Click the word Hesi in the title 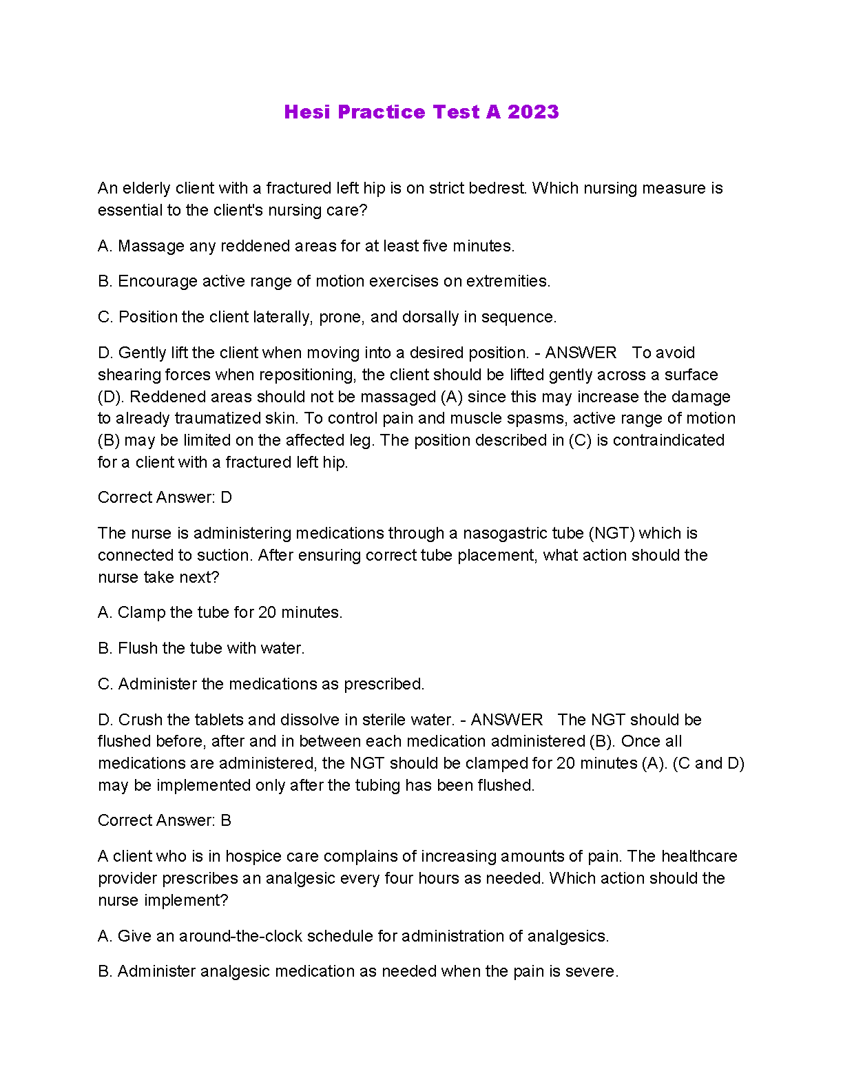(306, 112)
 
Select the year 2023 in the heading (533, 112)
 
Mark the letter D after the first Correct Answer (227, 497)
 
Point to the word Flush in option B (136, 648)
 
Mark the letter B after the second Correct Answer (226, 820)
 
